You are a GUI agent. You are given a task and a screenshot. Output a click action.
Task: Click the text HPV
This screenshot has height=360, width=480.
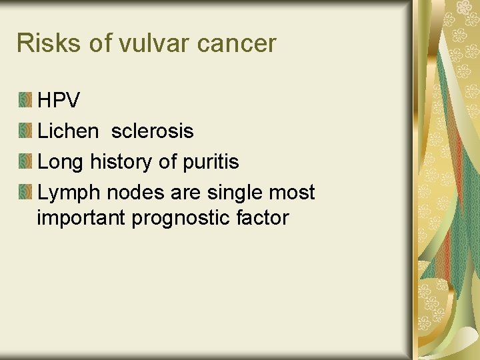59,101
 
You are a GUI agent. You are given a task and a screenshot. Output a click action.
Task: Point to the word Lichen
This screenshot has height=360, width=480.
67,131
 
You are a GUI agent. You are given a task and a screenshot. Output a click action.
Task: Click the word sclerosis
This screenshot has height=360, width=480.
152,131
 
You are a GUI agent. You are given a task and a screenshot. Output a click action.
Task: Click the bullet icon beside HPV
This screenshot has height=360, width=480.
25,101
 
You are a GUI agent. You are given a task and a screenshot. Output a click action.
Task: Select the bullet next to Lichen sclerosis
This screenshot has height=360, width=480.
25,131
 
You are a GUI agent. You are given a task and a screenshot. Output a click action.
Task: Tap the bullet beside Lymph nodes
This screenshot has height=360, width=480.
25,193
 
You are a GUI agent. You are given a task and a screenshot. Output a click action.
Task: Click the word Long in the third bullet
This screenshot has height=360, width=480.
61,162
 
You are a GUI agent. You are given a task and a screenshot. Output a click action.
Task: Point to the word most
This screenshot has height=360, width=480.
293,193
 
